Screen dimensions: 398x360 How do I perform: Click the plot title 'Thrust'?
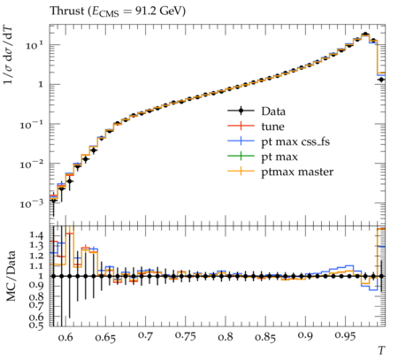[67, 11]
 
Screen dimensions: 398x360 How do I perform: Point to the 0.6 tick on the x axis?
[65, 337]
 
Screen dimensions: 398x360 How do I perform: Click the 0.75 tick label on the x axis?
[185, 336]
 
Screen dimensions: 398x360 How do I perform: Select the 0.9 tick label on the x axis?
[305, 336]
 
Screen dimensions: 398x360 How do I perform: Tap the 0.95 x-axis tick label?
[345, 336]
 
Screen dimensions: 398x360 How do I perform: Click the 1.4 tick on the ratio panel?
[36, 235]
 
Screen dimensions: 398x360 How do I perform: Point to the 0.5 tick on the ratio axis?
[36, 326]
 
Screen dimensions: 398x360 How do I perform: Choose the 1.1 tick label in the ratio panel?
[36, 265]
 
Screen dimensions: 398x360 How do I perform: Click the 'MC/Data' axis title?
[11, 276]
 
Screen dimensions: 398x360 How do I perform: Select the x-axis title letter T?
[381, 350]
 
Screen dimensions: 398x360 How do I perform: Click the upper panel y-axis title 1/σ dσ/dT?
[9, 55]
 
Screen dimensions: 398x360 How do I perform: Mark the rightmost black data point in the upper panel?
[381, 80]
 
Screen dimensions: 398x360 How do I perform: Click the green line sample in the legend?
[241, 157]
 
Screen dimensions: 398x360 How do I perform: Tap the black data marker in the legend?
[241, 111]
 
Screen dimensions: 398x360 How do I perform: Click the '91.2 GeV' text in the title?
[160, 11]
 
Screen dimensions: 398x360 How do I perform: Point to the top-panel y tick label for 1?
[41, 85]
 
